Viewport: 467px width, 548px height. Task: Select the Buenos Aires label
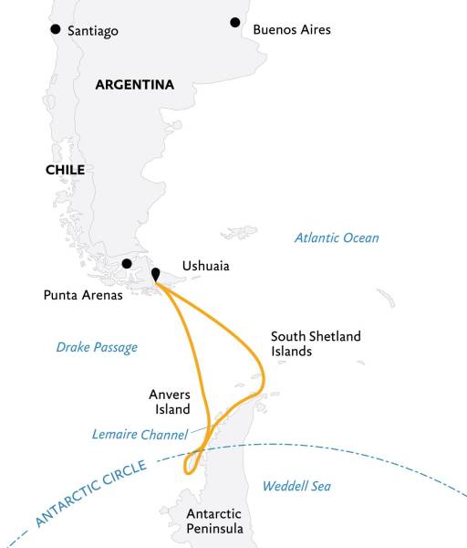291,30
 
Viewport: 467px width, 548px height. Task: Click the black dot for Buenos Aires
235,22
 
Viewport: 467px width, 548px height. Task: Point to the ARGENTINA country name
134,85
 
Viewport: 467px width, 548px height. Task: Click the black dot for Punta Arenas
127,264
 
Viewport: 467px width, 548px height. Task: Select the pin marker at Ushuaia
155,273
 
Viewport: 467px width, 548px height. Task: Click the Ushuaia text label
205,267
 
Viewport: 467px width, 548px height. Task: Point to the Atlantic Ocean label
336,238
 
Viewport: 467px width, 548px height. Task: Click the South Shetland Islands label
316,343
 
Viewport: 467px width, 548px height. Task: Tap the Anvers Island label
170,402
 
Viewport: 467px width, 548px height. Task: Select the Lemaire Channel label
140,434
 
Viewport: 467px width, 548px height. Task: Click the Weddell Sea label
296,487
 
